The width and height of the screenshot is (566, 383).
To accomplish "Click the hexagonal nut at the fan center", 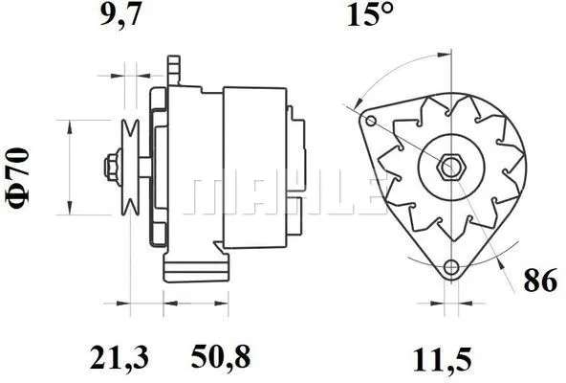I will pyautogui.click(x=450, y=169).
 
